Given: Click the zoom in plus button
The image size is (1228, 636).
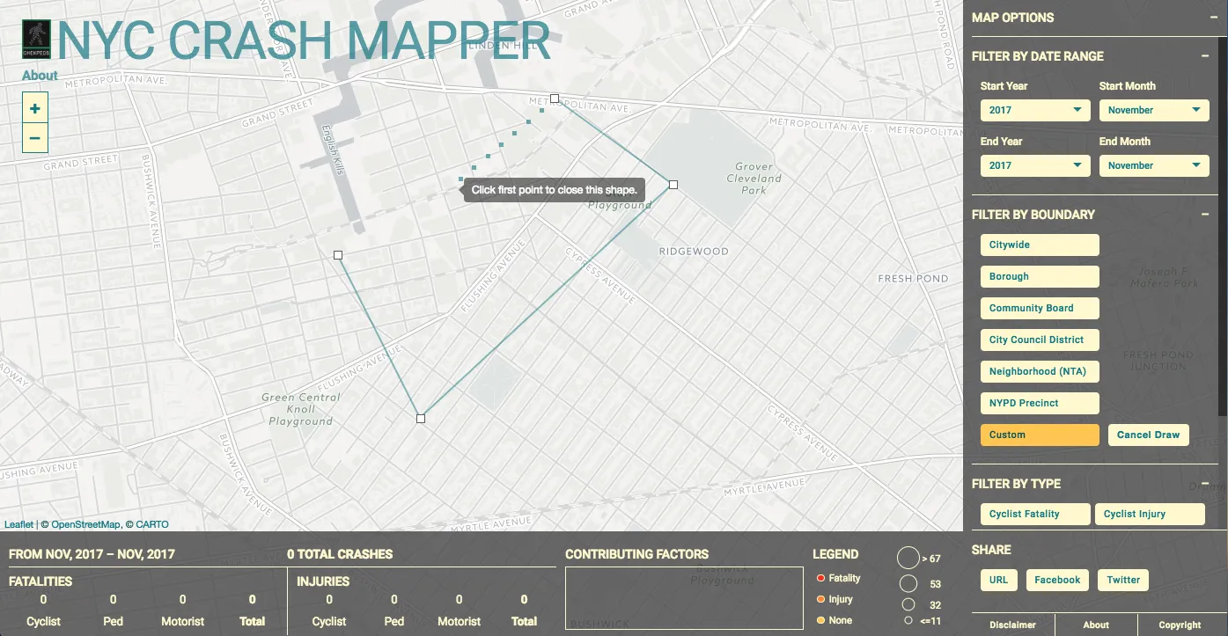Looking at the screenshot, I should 34,109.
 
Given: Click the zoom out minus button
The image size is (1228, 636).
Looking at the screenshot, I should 34,138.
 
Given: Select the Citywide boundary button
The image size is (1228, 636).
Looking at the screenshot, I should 1040,245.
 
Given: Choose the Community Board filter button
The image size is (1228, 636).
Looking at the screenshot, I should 1040,308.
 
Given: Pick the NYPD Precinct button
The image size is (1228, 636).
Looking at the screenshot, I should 1040,403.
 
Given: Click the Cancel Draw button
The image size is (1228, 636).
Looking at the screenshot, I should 1148,435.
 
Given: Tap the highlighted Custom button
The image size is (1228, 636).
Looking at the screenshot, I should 1040,435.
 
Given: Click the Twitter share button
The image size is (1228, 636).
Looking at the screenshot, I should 1122,580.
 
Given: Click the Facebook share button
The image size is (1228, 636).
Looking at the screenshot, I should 1057,580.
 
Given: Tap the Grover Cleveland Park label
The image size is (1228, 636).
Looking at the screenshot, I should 754,178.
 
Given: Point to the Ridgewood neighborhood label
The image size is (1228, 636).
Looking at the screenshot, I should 694,252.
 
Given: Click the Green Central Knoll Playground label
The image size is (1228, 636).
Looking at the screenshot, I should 300,409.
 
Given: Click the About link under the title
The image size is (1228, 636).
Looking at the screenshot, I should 40,76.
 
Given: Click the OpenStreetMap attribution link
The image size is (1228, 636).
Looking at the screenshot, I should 85,524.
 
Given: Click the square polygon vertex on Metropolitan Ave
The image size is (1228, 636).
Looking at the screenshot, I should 555,99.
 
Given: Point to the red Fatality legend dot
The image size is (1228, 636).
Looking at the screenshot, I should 820,578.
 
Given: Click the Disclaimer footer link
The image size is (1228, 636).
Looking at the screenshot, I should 1012,625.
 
